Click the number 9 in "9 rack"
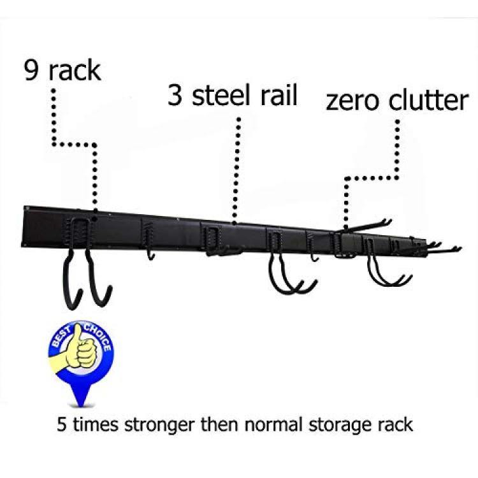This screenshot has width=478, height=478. tap(32, 70)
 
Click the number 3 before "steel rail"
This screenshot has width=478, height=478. tap(175, 95)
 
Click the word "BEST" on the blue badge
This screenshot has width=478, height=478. tap(62, 337)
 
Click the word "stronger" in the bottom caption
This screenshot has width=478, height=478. tap(159, 424)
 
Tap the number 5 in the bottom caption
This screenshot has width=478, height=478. tap(62, 424)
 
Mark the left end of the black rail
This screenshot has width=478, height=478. tap(23, 226)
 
